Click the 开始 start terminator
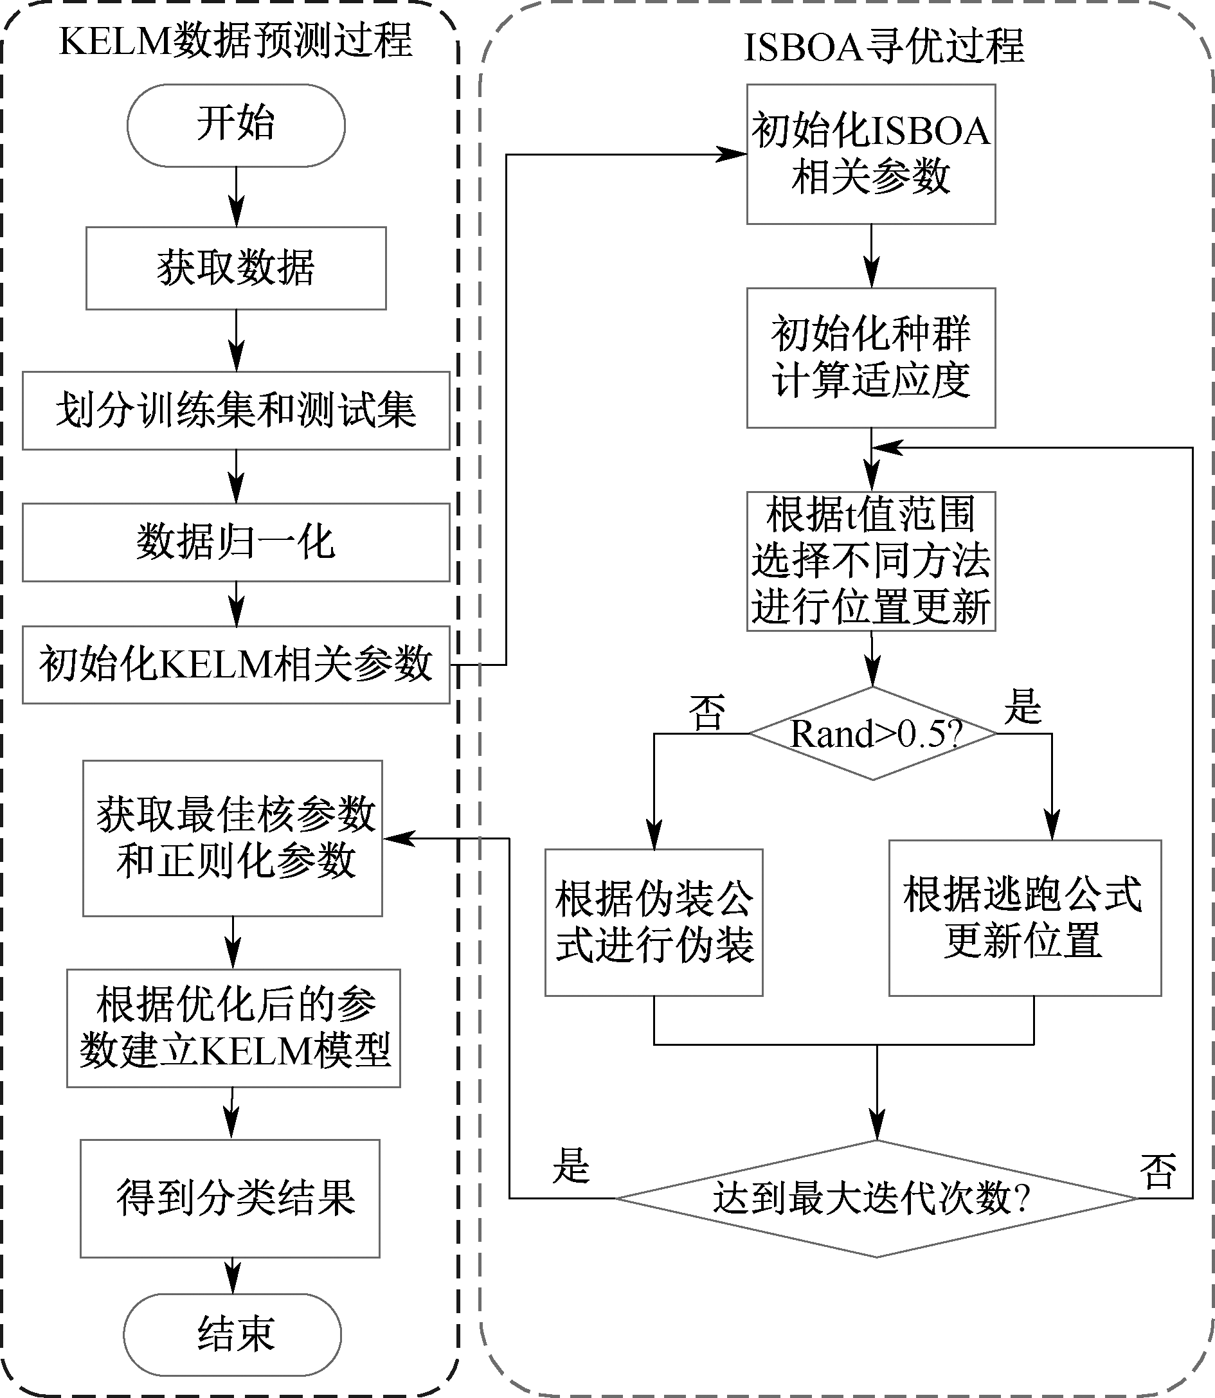tap(236, 125)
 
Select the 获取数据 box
tap(236, 269)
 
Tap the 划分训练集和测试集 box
tap(236, 410)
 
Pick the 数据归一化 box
tap(236, 542)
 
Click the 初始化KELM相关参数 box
tap(236, 665)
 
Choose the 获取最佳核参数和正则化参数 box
tap(233, 838)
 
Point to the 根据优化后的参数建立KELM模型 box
tap(233, 1028)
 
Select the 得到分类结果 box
tap(230, 1198)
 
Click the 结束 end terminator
tap(233, 1334)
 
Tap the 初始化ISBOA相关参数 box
tap(871, 154)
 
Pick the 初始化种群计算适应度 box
tap(871, 358)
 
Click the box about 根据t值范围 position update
tap(871, 561)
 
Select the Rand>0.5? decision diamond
tap(872, 733)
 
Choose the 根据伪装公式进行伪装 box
tap(654, 922)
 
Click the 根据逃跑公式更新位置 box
tap(1025, 918)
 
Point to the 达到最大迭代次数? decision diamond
tap(876, 1199)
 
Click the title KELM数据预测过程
tap(236, 40)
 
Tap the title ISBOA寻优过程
tap(883, 48)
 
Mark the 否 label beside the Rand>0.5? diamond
tap(707, 713)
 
